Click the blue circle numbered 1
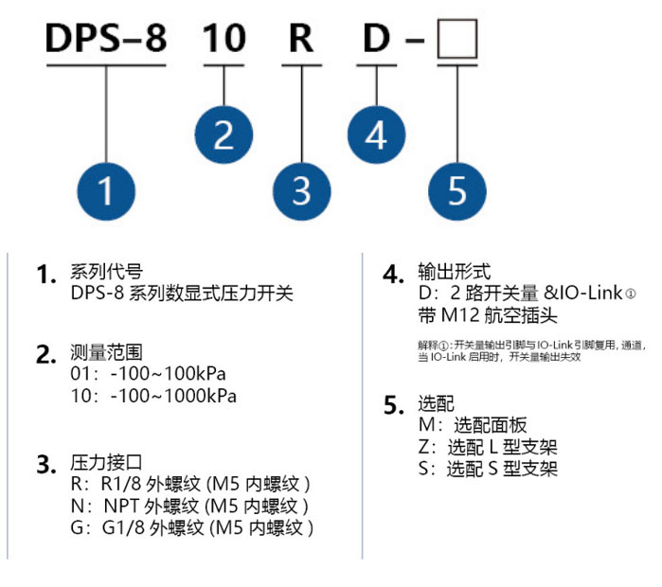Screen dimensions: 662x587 tap(106, 191)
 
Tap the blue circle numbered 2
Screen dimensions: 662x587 tap(224, 134)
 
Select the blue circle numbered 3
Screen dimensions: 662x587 tap(302, 191)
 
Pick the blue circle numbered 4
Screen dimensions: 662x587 tap(376, 134)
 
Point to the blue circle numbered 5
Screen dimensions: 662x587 tap(457, 191)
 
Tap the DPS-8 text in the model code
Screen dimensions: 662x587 tap(106, 39)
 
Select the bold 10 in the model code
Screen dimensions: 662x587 tap(224, 39)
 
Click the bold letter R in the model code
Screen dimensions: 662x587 tap(301, 39)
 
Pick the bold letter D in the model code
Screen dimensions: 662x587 tap(377, 39)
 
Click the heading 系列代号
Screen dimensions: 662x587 tap(106, 272)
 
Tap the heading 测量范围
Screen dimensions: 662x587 tap(106, 352)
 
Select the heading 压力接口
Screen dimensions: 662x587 tap(106, 463)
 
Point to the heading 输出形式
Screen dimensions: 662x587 tap(455, 272)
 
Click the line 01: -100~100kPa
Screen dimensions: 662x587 tap(148, 374)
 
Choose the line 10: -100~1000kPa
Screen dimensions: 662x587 tap(153, 396)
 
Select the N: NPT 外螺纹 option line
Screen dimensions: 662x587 tap(189, 506)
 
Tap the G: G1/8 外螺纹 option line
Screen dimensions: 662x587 tap(192, 528)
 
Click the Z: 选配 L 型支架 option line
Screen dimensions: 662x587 tap(488, 447)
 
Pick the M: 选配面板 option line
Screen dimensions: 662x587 tap(473, 425)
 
